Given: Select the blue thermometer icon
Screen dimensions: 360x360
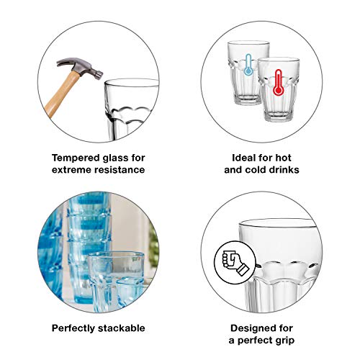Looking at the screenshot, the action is coord(248,64).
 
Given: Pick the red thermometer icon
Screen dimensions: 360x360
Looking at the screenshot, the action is coord(278,82).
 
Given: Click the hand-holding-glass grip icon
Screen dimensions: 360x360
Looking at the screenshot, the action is coord(235,262).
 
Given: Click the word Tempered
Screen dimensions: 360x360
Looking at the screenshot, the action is coord(76,158).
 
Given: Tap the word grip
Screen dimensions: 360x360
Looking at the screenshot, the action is coord(284,341).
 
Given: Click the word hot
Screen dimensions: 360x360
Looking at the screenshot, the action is coord(283,158).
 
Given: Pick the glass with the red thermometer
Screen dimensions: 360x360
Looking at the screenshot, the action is coord(279,89).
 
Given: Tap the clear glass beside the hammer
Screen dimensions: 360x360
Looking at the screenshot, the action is coord(131,109).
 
